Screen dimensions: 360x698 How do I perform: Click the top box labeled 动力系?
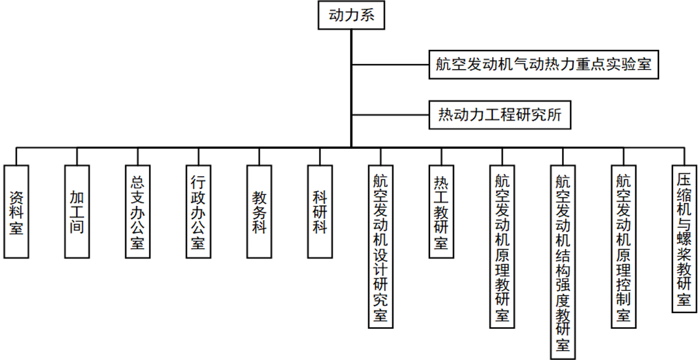point(351,15)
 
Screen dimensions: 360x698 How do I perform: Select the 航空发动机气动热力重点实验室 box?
point(543,64)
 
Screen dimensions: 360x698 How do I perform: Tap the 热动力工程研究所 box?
point(500,115)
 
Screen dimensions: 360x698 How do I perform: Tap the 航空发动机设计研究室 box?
point(381,246)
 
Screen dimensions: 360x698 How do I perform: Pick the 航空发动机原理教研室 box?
point(502,246)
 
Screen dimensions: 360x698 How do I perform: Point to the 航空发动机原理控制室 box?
point(624,246)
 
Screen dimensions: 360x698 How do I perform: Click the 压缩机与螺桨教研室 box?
point(684,239)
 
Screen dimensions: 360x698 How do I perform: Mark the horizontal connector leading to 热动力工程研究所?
point(391,115)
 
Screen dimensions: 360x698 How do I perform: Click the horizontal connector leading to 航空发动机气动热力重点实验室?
point(391,64)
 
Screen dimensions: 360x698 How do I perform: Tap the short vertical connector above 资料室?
point(16,157)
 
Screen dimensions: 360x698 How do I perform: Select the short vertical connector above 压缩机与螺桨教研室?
point(684,157)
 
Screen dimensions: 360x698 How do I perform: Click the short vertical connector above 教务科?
point(259,157)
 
